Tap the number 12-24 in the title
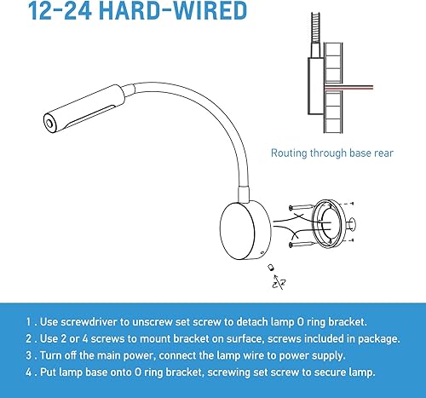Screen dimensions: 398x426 click(56, 12)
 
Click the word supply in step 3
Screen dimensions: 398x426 click(321, 355)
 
